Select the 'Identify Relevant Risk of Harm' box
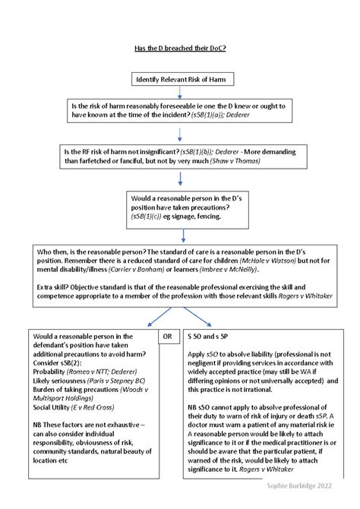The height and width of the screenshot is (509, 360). pos(179,79)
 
